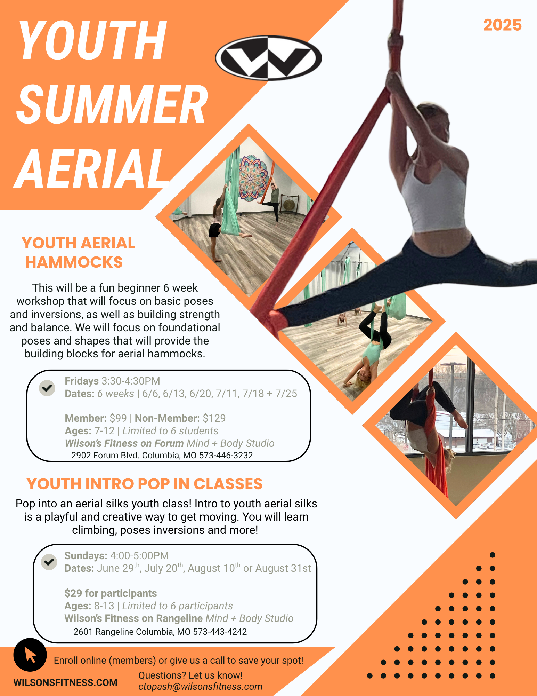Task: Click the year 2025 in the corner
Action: click(502, 25)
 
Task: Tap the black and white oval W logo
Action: click(268, 58)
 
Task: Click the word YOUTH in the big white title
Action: click(92, 41)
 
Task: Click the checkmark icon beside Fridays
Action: click(47, 388)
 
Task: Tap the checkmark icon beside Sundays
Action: click(49, 562)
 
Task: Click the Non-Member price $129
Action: click(214, 418)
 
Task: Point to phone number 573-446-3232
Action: click(226, 455)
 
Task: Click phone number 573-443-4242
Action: click(220, 632)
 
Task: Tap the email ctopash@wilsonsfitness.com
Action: click(200, 687)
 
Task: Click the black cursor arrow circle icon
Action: click(30, 655)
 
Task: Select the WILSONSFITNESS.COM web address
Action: click(65, 682)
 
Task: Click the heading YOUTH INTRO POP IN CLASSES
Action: click(145, 484)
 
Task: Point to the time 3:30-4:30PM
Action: click(131, 381)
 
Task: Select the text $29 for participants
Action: click(111, 593)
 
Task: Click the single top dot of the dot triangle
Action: click(493, 555)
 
